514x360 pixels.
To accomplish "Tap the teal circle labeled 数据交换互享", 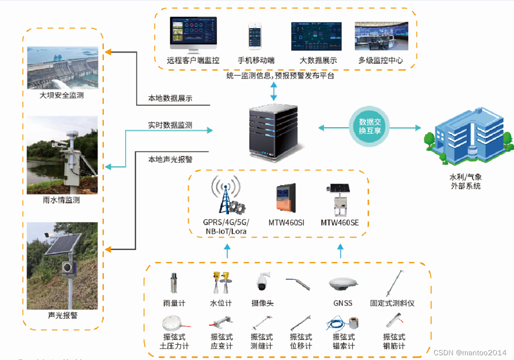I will coord(370,127).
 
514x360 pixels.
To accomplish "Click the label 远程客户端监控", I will coord(193,61).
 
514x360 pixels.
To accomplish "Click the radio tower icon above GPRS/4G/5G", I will coord(225,195).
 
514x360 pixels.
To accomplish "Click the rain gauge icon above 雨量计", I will coord(174,283).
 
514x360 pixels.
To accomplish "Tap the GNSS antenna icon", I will coord(343,284).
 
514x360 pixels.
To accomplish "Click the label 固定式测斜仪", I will coord(392,303).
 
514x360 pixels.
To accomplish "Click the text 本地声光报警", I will coord(170,159).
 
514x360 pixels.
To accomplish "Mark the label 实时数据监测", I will coord(170,125).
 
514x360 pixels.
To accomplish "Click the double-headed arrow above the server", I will coord(274,91).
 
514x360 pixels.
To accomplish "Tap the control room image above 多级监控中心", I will coord(381,36).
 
